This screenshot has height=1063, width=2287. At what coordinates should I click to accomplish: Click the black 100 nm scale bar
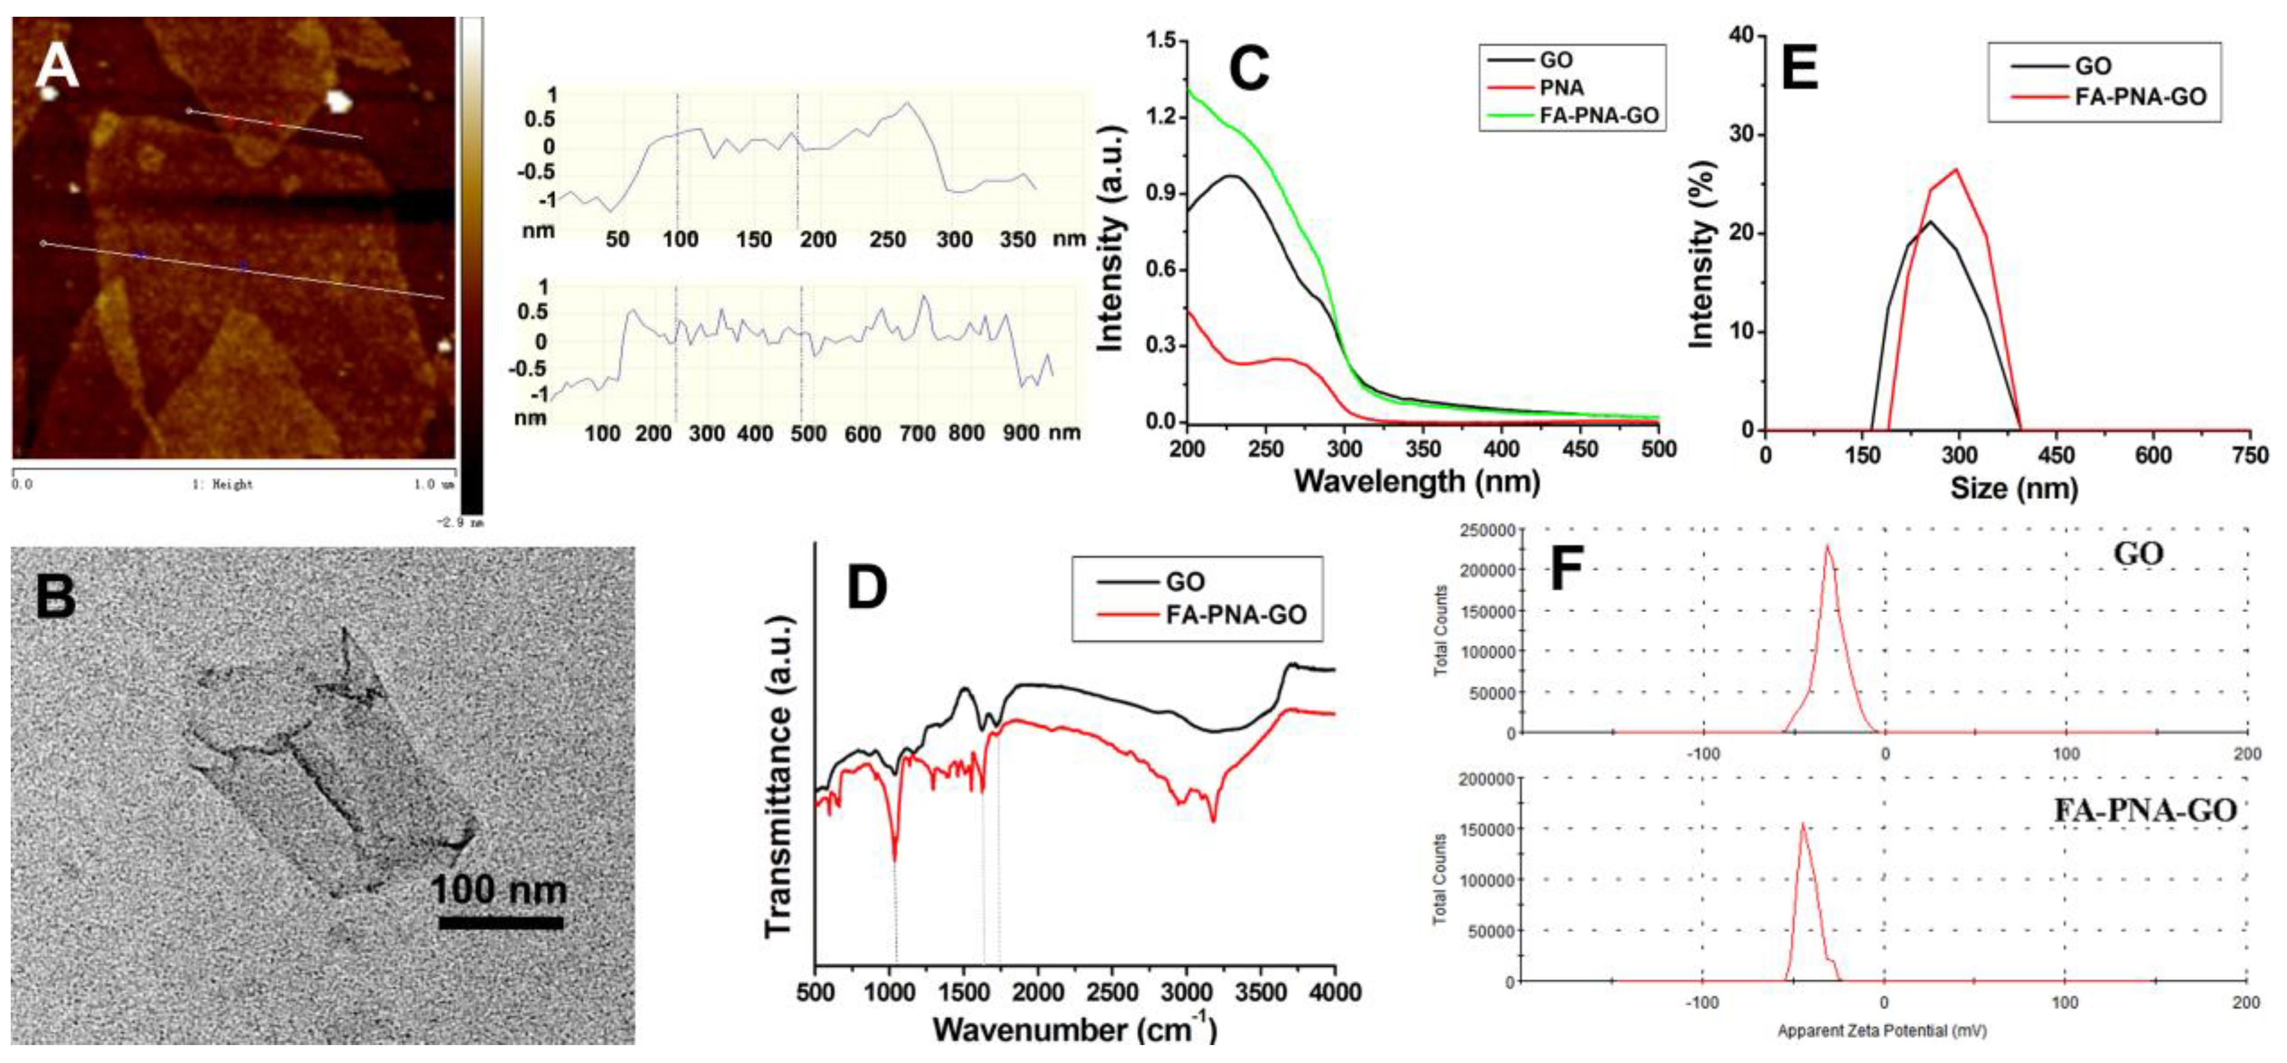click(501, 923)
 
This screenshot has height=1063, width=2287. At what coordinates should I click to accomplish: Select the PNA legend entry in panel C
click(1561, 87)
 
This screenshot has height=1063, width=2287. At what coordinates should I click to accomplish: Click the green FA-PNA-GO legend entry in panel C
click(1598, 115)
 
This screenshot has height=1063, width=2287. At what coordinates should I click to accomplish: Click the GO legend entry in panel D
click(1185, 582)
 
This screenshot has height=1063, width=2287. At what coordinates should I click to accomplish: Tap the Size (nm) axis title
click(2013, 488)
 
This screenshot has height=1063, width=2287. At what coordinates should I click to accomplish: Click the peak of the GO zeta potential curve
click(1827, 545)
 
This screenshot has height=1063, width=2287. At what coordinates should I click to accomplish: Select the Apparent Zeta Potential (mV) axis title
click(1881, 1031)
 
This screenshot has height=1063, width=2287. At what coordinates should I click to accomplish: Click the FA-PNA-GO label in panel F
click(2144, 810)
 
